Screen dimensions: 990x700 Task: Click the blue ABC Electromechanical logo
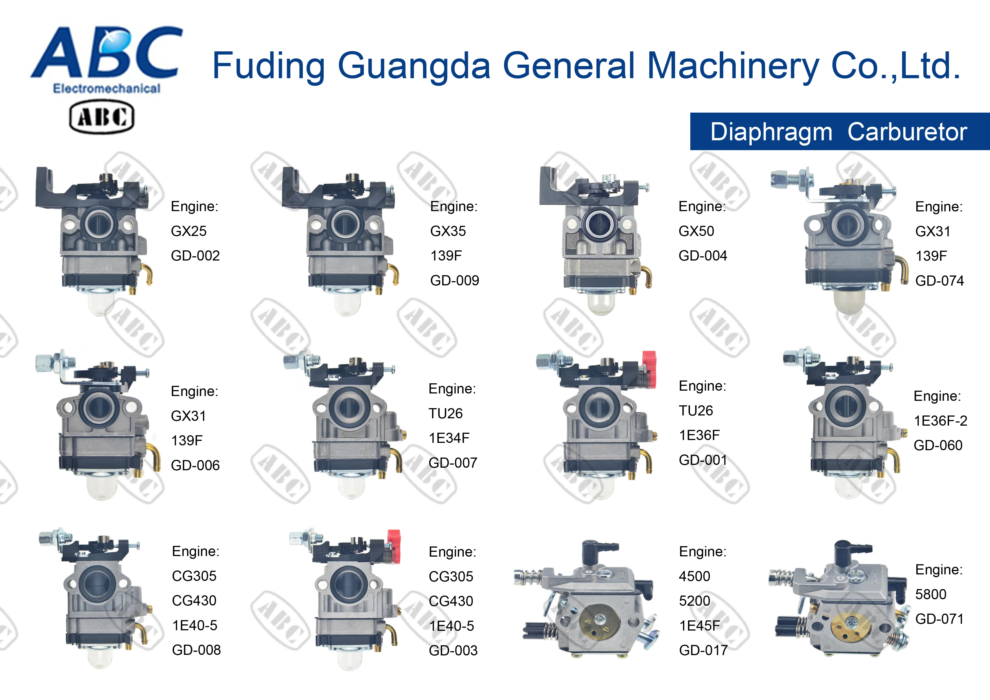pyautogui.click(x=107, y=58)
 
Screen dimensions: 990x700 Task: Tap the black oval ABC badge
pyautogui.click(x=102, y=117)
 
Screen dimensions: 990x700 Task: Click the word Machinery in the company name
pyautogui.click(x=733, y=66)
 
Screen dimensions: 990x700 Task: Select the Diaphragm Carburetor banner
pyautogui.click(x=839, y=132)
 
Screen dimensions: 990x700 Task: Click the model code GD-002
pyautogui.click(x=195, y=256)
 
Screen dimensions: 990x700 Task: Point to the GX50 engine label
pyautogui.click(x=696, y=231)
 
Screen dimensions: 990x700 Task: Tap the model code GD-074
pyautogui.click(x=939, y=281)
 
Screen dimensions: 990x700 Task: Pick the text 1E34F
pyautogui.click(x=448, y=438)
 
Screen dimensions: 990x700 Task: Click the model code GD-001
pyautogui.click(x=702, y=460)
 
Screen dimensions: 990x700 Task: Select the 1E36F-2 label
pyautogui.click(x=940, y=421)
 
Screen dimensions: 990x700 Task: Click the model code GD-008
pyautogui.click(x=196, y=650)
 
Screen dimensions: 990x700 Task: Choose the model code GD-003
pyautogui.click(x=453, y=650)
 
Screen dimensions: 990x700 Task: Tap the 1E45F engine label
pyautogui.click(x=699, y=626)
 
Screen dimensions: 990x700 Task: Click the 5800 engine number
pyautogui.click(x=930, y=594)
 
